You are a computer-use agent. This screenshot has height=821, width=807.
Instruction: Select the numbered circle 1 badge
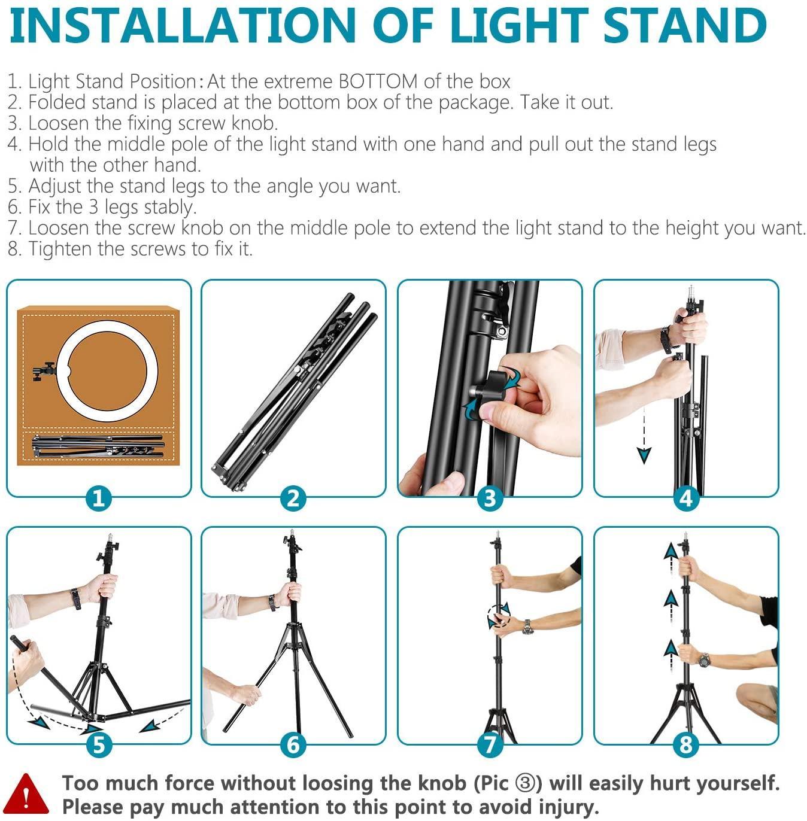[x=99, y=498]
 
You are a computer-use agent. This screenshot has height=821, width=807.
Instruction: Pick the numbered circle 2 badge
[x=293, y=498]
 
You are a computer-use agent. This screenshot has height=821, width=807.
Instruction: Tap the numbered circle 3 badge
[x=490, y=498]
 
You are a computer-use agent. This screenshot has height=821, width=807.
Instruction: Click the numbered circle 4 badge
[x=686, y=498]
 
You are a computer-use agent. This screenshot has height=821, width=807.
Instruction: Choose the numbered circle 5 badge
[x=99, y=745]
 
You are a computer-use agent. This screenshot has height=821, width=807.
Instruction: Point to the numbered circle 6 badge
[x=293, y=745]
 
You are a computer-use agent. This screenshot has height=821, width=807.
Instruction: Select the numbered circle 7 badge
[x=490, y=745]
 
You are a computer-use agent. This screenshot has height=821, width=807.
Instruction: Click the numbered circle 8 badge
[x=686, y=745]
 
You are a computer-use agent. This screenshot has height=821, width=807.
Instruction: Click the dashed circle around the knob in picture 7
[x=498, y=616]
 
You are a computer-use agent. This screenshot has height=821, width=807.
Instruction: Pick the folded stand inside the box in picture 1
[x=98, y=446]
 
